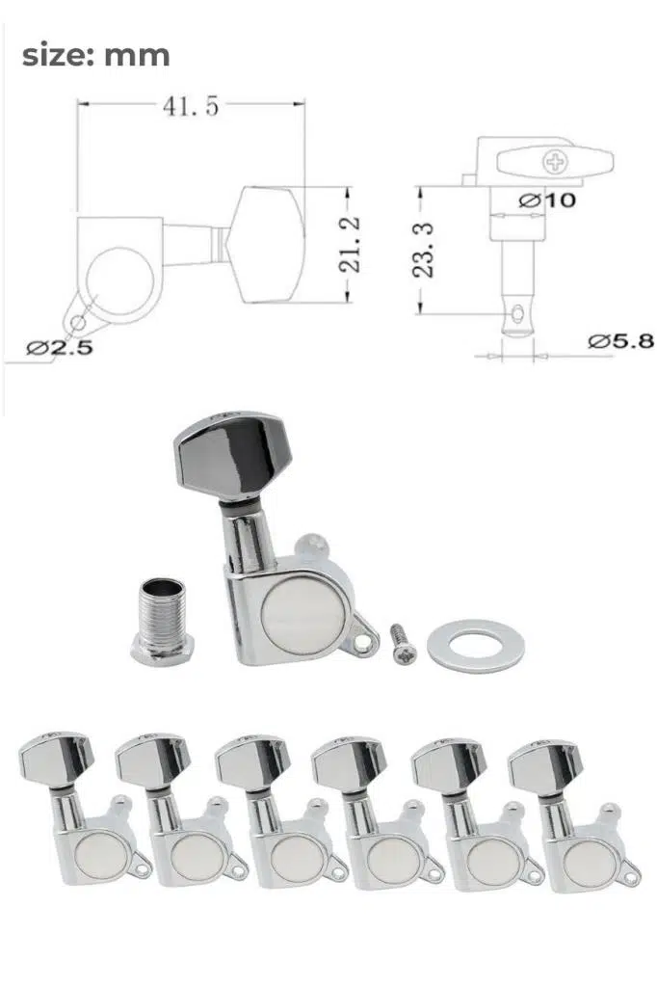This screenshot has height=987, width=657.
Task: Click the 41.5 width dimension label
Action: [191, 106]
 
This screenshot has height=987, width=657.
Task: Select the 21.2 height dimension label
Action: [350, 244]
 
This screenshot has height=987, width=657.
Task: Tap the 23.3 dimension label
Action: [424, 250]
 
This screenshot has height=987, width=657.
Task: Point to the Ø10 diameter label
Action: [547, 200]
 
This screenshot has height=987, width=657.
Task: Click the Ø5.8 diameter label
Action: [620, 341]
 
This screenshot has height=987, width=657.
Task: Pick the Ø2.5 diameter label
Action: [59, 347]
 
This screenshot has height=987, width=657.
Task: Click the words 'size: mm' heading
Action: [95, 55]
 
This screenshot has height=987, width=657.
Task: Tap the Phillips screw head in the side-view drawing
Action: [555, 162]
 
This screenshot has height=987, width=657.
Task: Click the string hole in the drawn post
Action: [517, 312]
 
